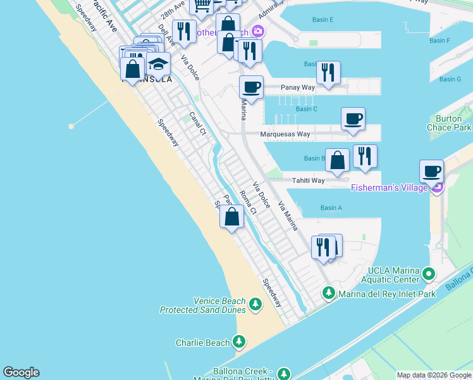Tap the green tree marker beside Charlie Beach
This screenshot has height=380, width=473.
(x=239, y=343)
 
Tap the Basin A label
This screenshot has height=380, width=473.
(x=331, y=208)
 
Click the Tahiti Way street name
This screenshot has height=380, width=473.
(x=308, y=180)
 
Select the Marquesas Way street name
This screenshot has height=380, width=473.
(x=286, y=134)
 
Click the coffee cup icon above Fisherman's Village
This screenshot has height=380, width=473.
(x=431, y=170)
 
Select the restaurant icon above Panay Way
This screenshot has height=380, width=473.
(x=328, y=72)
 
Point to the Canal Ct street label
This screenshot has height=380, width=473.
(x=198, y=123)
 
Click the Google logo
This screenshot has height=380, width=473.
(x=21, y=372)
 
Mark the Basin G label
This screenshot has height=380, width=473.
(x=450, y=79)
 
